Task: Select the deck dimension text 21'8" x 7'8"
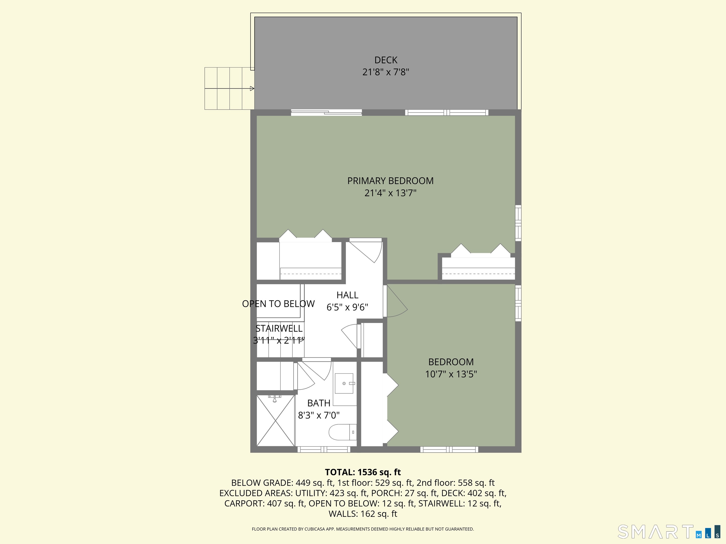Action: point(386,72)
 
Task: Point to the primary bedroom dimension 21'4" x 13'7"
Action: point(390,193)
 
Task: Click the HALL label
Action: point(347,295)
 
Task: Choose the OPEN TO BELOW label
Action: point(278,304)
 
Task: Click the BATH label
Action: point(319,403)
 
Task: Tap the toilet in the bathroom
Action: point(343,432)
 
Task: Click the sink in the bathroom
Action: point(344,383)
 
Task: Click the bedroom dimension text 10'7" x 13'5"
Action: point(451,374)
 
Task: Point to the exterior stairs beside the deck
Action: point(229,89)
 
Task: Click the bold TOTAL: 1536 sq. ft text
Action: point(363,472)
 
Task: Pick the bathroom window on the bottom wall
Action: point(324,450)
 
